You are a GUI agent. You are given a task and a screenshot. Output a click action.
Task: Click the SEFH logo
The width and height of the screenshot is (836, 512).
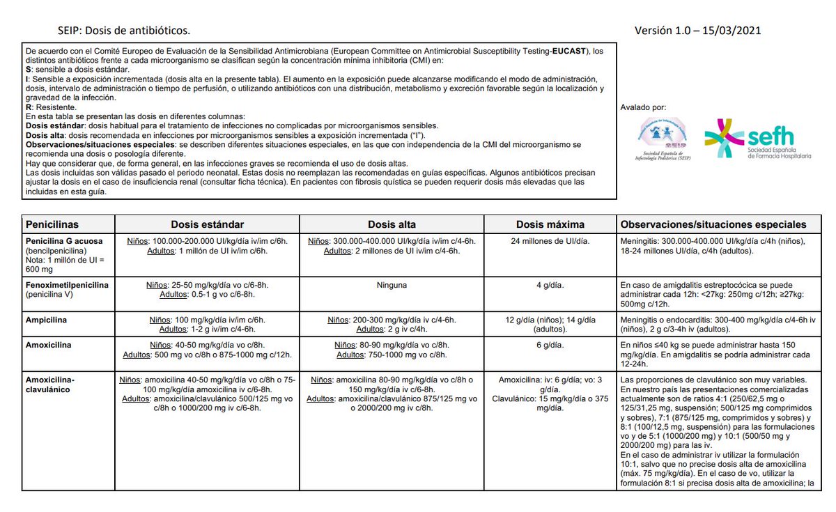point(757,140)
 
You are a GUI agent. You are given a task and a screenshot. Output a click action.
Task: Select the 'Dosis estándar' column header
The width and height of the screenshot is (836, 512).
point(208,224)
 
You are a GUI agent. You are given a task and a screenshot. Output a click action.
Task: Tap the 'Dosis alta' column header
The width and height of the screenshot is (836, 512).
point(392,224)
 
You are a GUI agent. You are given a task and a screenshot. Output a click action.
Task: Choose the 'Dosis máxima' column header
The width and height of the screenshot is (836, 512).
point(550,224)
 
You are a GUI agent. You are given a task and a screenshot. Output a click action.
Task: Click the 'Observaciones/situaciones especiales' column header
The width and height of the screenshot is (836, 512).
point(713,224)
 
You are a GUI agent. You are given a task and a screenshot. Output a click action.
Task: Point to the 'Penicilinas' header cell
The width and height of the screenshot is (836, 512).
point(52,224)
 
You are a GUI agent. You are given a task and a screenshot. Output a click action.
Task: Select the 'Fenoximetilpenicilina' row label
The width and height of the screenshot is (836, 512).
point(68,285)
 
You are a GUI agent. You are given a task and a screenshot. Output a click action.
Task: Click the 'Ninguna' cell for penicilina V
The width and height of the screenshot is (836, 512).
point(392,285)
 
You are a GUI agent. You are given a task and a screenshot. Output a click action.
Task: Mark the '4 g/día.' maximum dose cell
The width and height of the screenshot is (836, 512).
point(550,285)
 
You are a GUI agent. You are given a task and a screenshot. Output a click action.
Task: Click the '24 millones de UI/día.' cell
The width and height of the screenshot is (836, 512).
point(550,241)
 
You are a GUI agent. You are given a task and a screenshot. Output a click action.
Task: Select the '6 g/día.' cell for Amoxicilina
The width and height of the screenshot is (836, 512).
point(550,345)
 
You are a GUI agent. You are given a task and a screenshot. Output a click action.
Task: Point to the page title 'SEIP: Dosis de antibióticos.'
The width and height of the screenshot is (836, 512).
point(124,31)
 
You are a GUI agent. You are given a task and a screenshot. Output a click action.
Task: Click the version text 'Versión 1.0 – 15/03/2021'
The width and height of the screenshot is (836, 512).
point(697,30)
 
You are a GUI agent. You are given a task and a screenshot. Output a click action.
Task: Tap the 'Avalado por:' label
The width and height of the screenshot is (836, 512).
point(643,107)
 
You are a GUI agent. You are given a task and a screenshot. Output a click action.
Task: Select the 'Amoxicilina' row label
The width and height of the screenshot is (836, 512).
point(49,345)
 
